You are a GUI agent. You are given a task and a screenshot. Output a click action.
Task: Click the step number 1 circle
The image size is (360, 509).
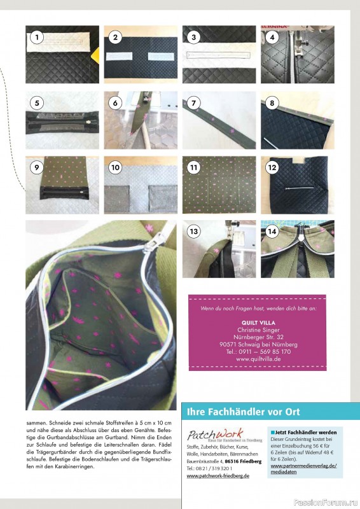coord(37,37)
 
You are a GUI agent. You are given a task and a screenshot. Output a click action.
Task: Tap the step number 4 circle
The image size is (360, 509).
coord(272,37)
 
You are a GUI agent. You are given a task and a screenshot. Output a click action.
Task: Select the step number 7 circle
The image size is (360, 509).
coord(194,102)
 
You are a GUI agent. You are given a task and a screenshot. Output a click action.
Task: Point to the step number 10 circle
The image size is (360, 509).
coord(115,168)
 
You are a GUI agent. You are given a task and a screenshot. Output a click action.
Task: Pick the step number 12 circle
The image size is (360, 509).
coord(272,168)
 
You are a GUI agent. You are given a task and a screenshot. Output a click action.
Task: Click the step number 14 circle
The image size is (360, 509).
coord(272,232)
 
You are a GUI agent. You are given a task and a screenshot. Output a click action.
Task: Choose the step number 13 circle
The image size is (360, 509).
coord(194,232)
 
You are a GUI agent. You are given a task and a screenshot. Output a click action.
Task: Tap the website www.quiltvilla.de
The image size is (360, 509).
coord(258,359)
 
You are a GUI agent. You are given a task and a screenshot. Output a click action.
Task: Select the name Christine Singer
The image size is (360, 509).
coord(258,330)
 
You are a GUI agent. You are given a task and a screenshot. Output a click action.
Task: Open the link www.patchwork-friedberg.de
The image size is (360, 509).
coord(218,476)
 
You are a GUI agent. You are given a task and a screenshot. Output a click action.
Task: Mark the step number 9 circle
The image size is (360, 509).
coord(37,168)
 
